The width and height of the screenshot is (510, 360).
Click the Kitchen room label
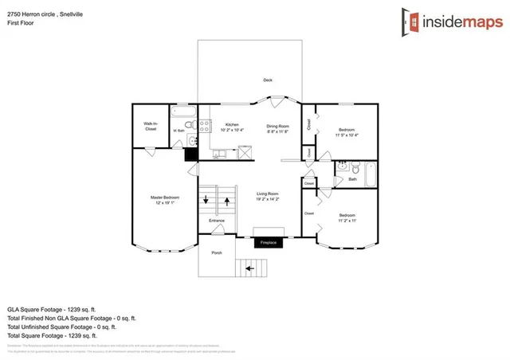pos(232,125)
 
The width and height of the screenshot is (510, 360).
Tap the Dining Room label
pos(277,126)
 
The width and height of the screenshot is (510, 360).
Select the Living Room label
pos(267,194)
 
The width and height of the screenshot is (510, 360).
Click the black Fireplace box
pos(267,243)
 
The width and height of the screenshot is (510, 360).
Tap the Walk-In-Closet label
pos(150,126)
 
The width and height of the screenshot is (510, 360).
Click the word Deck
pos(268,80)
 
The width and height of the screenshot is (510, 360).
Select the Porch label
pos(216,252)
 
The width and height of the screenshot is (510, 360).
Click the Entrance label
pos(217,221)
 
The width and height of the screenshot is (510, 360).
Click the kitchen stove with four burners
pos(204,124)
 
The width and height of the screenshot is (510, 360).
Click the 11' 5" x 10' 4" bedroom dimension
pos(347,135)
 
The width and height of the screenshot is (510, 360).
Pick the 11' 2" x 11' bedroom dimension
pos(347,221)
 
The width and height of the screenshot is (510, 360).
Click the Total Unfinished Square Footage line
pos(61,326)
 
